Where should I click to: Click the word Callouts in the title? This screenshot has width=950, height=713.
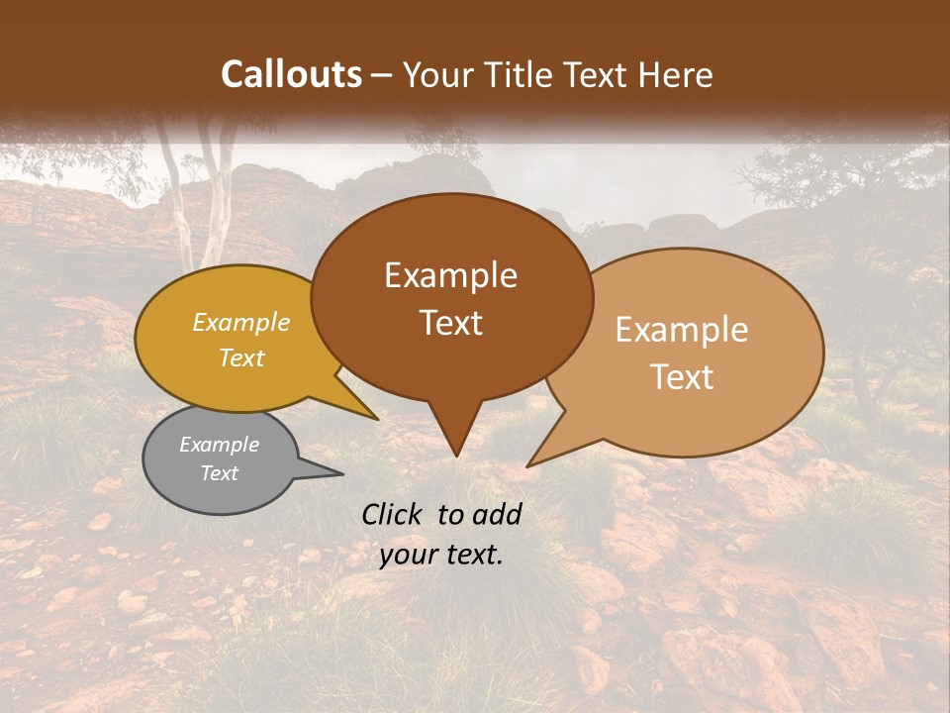click(x=291, y=74)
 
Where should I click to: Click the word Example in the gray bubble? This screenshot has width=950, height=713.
click(x=219, y=445)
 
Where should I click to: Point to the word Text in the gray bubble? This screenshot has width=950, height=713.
click(x=219, y=473)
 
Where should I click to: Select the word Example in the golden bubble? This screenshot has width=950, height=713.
click(x=240, y=322)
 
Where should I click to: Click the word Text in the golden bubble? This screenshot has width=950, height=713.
click(x=240, y=357)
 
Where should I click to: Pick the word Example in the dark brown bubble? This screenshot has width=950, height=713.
click(x=450, y=275)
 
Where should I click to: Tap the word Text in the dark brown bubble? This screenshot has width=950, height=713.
click(x=450, y=323)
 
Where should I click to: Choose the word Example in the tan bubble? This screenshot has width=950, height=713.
click(x=682, y=330)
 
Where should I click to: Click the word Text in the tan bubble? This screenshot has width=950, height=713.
click(x=682, y=377)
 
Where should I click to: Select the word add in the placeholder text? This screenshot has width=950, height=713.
click(x=497, y=514)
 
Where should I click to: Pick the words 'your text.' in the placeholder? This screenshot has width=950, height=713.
click(x=441, y=555)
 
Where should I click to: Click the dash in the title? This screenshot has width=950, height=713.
click(x=382, y=74)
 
